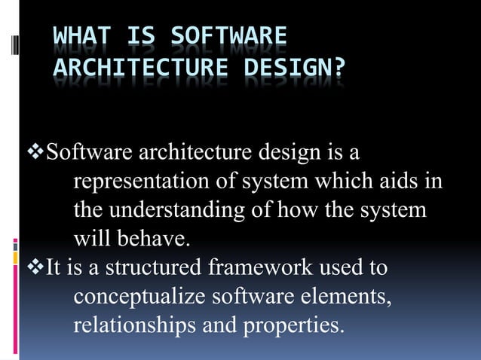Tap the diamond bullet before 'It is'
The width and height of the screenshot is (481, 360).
[35, 267]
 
